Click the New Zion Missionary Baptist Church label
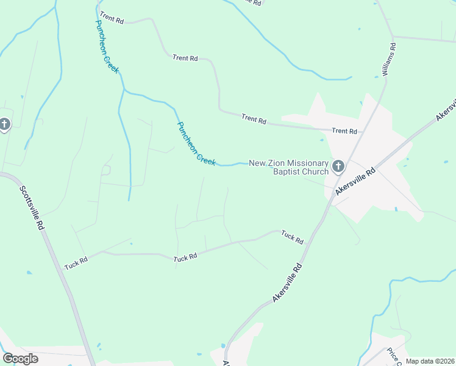coord(288,167)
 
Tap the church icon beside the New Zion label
coord(338,166)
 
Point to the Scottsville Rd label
coord(32,207)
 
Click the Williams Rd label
coord(389,59)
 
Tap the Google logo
coord(20,359)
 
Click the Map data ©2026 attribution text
coord(430,361)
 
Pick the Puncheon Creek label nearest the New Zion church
coord(196,143)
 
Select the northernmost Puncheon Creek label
coord(107,46)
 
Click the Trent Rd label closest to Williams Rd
coord(344,131)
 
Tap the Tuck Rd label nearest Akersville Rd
coord(292,237)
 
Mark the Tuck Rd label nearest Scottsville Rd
coord(76,264)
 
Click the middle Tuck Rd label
coord(185,257)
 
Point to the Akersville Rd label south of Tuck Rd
coord(288,283)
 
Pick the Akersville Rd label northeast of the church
coord(446,109)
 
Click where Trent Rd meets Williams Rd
coord(363,131)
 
